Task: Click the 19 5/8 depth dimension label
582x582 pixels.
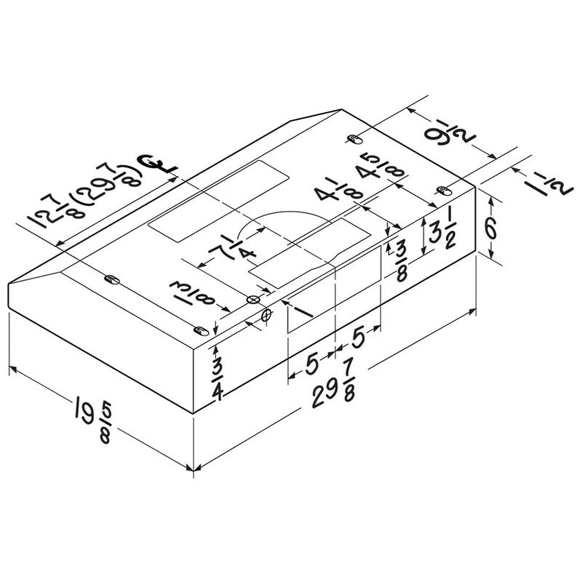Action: pos(94,420)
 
